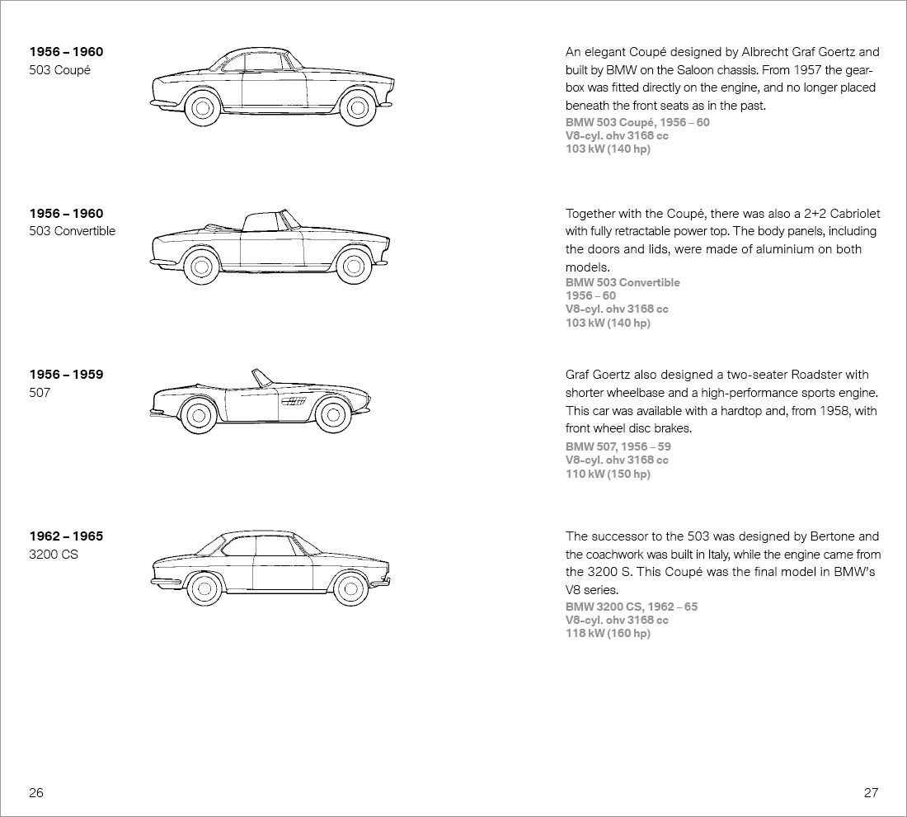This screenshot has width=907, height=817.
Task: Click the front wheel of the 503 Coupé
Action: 357,106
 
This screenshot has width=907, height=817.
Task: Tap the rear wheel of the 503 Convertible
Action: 200,267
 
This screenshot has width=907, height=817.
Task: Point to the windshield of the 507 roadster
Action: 263,378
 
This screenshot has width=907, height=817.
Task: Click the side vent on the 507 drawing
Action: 294,401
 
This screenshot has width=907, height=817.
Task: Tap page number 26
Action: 36,793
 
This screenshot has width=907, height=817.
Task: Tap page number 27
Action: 871,793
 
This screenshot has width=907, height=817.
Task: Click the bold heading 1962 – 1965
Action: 67,536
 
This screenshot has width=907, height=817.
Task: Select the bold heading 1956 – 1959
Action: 67,375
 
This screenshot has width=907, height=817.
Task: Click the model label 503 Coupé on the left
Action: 59,70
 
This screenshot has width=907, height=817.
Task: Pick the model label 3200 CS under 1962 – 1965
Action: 54,555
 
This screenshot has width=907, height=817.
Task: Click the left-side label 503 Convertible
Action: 73,231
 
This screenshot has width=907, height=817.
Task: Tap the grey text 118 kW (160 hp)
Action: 608,633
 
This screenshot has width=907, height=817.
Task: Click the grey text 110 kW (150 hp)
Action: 608,474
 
